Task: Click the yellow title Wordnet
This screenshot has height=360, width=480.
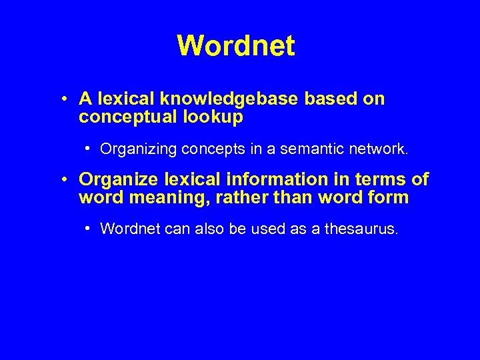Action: [235, 46]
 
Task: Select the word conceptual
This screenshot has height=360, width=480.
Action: [124, 117]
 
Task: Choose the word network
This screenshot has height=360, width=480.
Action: [377, 149]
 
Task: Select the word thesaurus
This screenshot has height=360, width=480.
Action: [361, 229]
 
